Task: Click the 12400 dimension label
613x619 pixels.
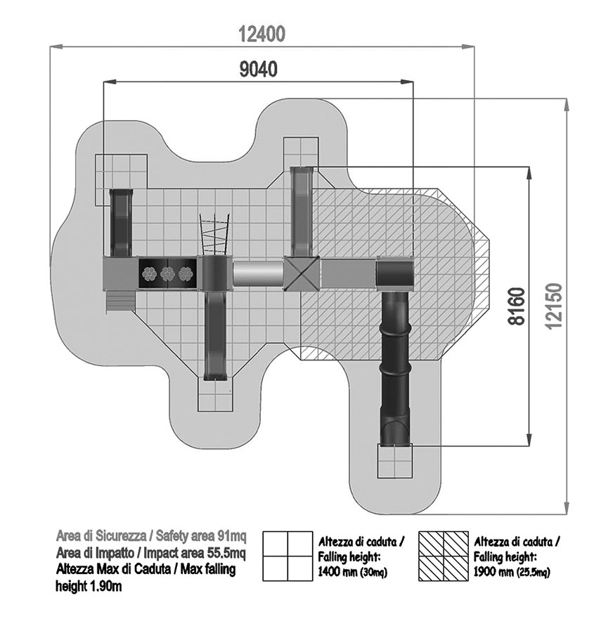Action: pos(262,34)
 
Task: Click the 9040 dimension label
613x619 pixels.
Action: pos(259,70)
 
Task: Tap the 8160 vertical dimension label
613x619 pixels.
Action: pos(517,306)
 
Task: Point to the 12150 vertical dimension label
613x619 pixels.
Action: pos(553,306)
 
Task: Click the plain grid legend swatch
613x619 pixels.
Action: pos(288,556)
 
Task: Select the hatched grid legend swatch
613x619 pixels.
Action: pos(444,556)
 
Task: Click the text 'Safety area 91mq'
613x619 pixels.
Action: pos(201,536)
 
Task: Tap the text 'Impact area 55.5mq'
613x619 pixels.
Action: pos(195,553)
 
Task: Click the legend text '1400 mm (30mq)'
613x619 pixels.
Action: pos(353,573)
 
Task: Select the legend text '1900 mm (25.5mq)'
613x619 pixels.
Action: pos(512,573)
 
